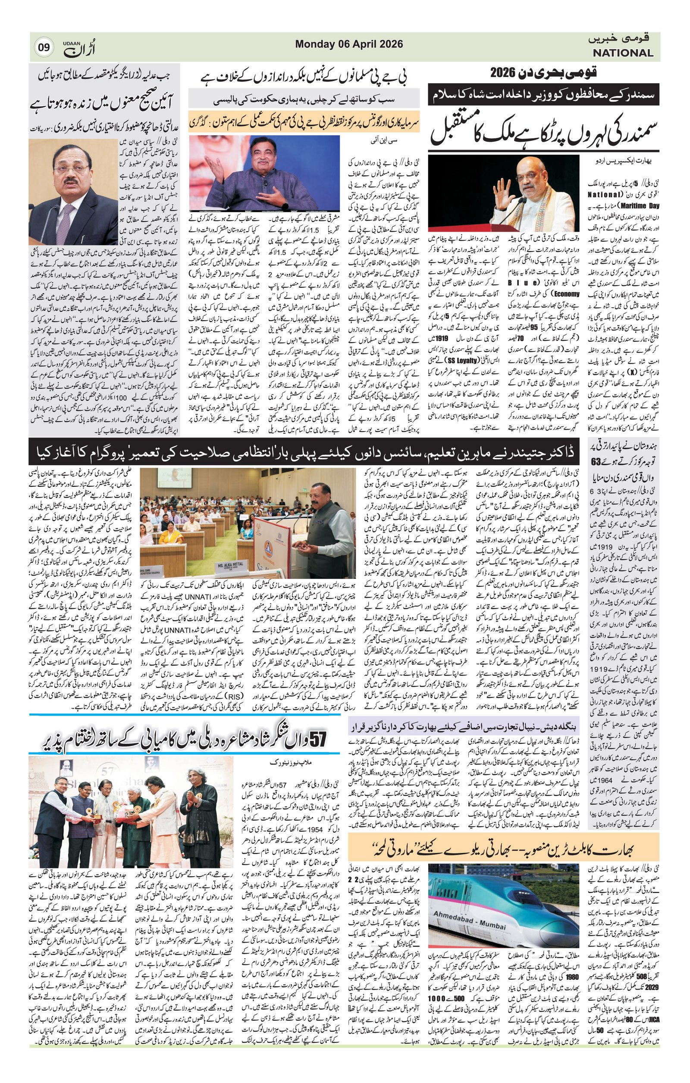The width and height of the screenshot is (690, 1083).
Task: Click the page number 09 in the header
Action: pos(44,48)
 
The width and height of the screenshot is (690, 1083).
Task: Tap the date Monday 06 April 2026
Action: pos(349,44)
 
